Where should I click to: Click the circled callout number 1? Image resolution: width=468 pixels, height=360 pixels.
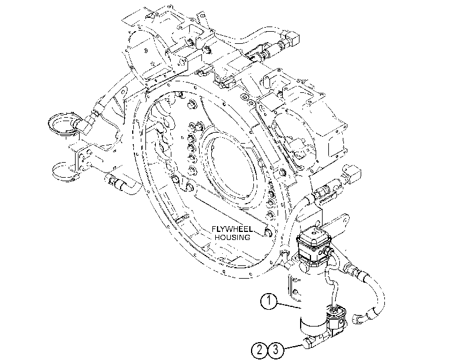(269, 301)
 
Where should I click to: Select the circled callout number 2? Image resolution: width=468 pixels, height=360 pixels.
(260, 349)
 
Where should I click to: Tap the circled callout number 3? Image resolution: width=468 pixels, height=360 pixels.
(276, 349)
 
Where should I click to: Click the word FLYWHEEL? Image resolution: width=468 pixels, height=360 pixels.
(232, 229)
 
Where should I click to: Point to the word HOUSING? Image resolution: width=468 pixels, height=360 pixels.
(233, 238)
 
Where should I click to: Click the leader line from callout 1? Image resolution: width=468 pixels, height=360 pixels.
(290, 305)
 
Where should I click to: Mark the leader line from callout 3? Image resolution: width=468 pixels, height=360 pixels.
(293, 347)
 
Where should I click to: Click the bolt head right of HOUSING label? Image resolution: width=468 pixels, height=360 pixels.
(268, 233)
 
